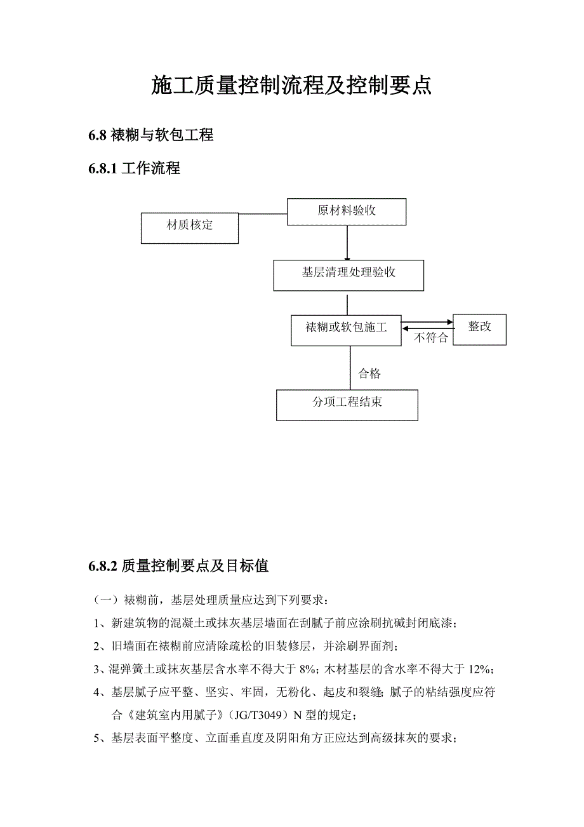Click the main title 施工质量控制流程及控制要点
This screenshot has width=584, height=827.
[291, 85]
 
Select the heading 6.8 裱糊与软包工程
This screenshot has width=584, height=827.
[151, 135]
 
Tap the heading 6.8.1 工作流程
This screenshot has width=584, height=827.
[135, 168]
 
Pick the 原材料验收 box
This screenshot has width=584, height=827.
[347, 212]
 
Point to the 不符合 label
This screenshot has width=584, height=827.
[432, 339]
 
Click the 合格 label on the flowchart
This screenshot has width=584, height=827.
[369, 373]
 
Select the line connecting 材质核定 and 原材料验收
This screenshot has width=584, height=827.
[263, 214]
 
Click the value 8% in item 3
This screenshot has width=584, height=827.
[308, 669]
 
